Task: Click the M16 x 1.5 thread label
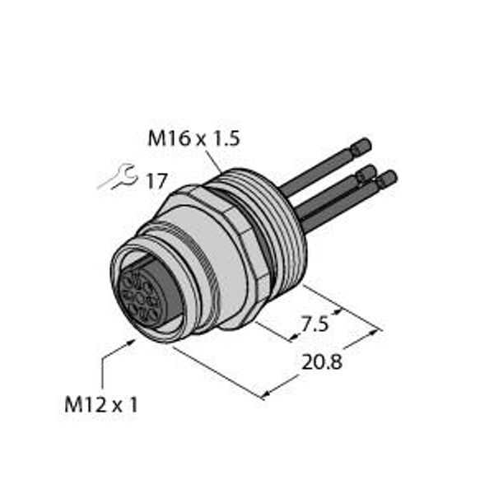point(193,141)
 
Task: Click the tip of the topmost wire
point(361,147)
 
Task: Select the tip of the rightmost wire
point(386,178)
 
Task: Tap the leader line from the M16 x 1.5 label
point(215,161)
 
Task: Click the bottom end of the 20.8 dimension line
point(263,398)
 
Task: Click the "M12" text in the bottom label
point(82,403)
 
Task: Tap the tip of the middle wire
point(366,173)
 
